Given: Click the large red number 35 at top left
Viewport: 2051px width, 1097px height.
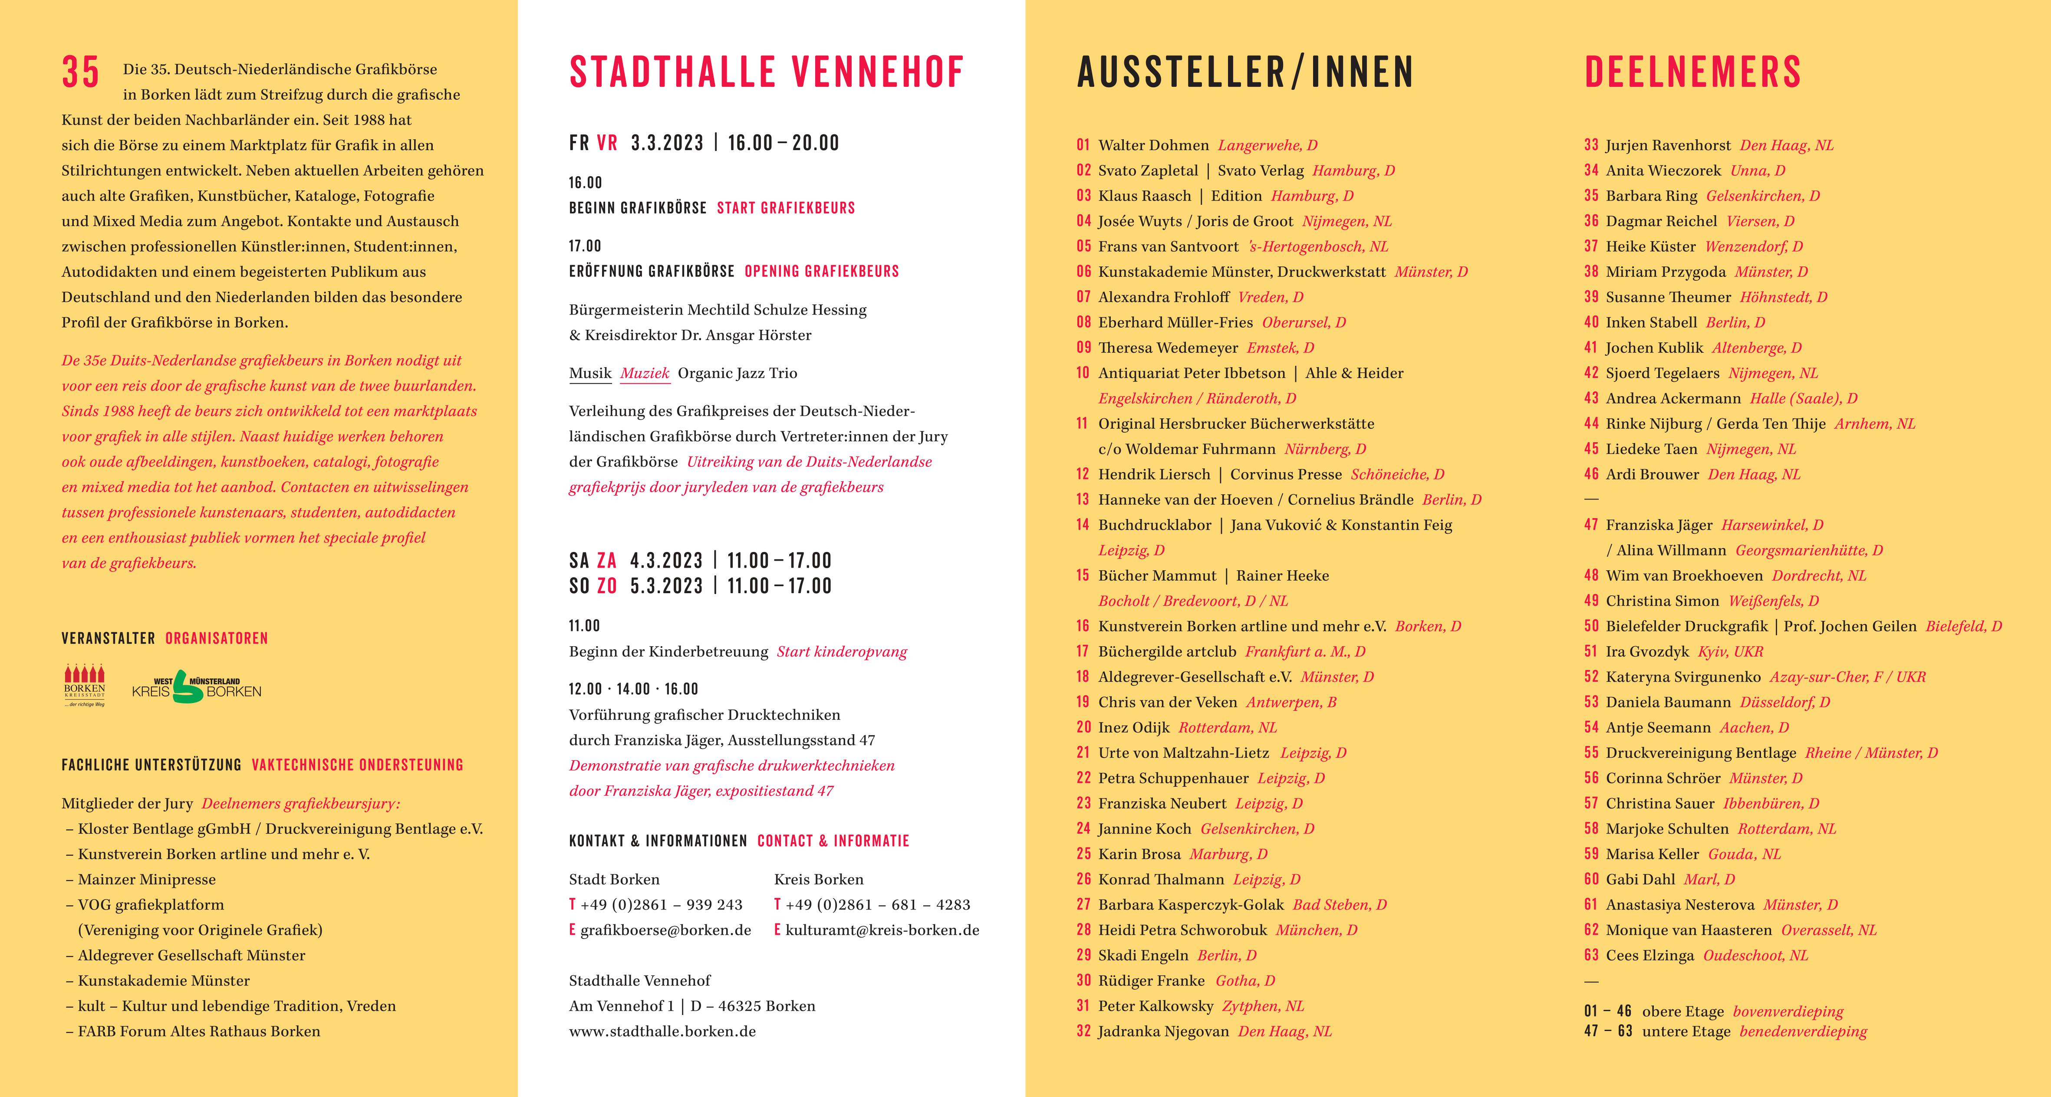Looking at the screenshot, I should pos(80,72).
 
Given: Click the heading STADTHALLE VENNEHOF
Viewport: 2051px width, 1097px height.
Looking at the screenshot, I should pos(766,72).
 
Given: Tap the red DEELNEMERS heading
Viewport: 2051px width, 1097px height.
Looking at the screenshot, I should pos(1693,72).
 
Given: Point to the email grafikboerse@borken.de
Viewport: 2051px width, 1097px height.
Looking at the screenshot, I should pos(665,930).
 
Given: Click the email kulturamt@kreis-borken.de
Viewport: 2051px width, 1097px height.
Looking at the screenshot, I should pos(882,930).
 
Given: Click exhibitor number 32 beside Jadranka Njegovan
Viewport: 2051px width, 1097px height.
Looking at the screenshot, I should pos(1083,1031).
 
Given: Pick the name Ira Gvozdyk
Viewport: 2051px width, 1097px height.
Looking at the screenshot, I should pos(1646,651).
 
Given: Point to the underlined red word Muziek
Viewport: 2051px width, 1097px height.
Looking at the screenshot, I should pos(645,373).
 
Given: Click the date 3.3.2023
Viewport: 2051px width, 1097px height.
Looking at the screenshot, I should pos(667,143).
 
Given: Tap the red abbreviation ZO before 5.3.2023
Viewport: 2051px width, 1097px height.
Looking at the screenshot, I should pos(607,586).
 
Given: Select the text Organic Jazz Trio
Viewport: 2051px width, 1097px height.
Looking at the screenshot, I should pos(737,373).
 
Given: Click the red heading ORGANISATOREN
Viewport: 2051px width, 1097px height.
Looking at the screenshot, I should pos(217,638).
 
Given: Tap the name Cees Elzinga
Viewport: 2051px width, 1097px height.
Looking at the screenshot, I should pos(1650,955).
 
